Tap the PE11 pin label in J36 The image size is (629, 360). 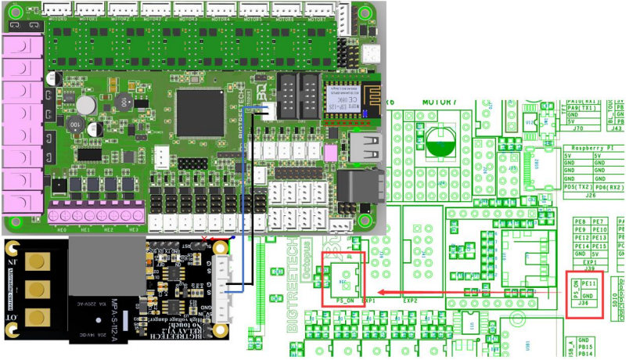tap(590, 283)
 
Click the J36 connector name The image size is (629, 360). tap(583, 304)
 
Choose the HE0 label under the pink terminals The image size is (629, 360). tap(62, 230)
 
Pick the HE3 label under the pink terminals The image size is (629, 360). tap(133, 230)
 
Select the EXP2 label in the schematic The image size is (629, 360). tap(410, 301)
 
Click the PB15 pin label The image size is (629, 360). tap(588, 347)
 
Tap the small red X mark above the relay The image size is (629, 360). tap(204, 236)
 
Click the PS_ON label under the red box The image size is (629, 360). tap(345, 300)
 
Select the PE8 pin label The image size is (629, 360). tap(580, 222)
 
